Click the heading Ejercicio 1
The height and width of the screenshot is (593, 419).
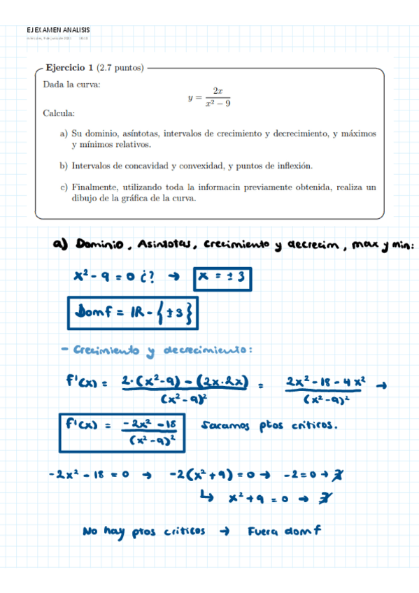[x=69, y=68]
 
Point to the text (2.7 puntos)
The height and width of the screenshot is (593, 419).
[x=120, y=68]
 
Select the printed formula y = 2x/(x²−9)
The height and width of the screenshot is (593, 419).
[x=209, y=97]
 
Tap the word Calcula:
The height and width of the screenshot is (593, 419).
[x=59, y=113]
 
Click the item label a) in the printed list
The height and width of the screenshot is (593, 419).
[x=64, y=133]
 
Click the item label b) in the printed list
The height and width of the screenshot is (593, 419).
[x=64, y=166]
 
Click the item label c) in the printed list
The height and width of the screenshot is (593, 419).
[x=64, y=187]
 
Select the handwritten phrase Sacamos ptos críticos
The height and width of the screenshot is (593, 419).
[x=268, y=424]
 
